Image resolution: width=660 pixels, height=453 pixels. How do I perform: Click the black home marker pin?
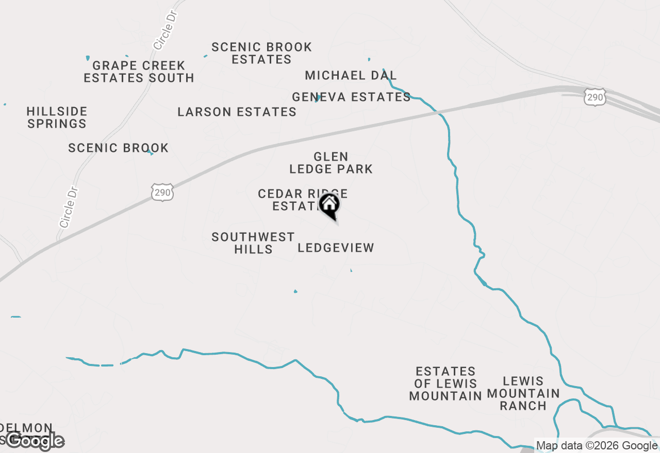click(329, 205)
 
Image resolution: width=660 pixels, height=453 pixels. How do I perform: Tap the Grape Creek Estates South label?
click(139, 72)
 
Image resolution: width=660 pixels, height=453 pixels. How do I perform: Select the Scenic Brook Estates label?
click(261, 54)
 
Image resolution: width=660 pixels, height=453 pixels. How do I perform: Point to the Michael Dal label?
click(351, 75)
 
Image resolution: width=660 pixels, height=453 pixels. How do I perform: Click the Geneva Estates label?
click(351, 97)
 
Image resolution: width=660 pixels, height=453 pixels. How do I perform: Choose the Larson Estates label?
click(237, 112)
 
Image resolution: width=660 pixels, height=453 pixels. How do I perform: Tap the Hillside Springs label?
click(57, 117)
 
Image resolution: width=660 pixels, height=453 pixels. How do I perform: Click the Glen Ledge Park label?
click(331, 163)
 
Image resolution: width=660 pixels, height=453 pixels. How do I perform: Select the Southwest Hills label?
click(253, 243)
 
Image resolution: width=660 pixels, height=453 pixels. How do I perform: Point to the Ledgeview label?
click(336, 248)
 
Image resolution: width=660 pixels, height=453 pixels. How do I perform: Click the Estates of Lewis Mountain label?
click(445, 384)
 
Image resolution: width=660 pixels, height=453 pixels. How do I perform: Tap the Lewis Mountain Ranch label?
click(523, 393)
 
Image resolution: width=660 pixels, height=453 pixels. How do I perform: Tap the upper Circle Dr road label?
click(165, 29)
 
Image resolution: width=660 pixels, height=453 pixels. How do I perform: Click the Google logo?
click(35, 441)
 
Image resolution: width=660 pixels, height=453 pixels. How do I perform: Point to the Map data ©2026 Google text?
click(597, 446)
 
